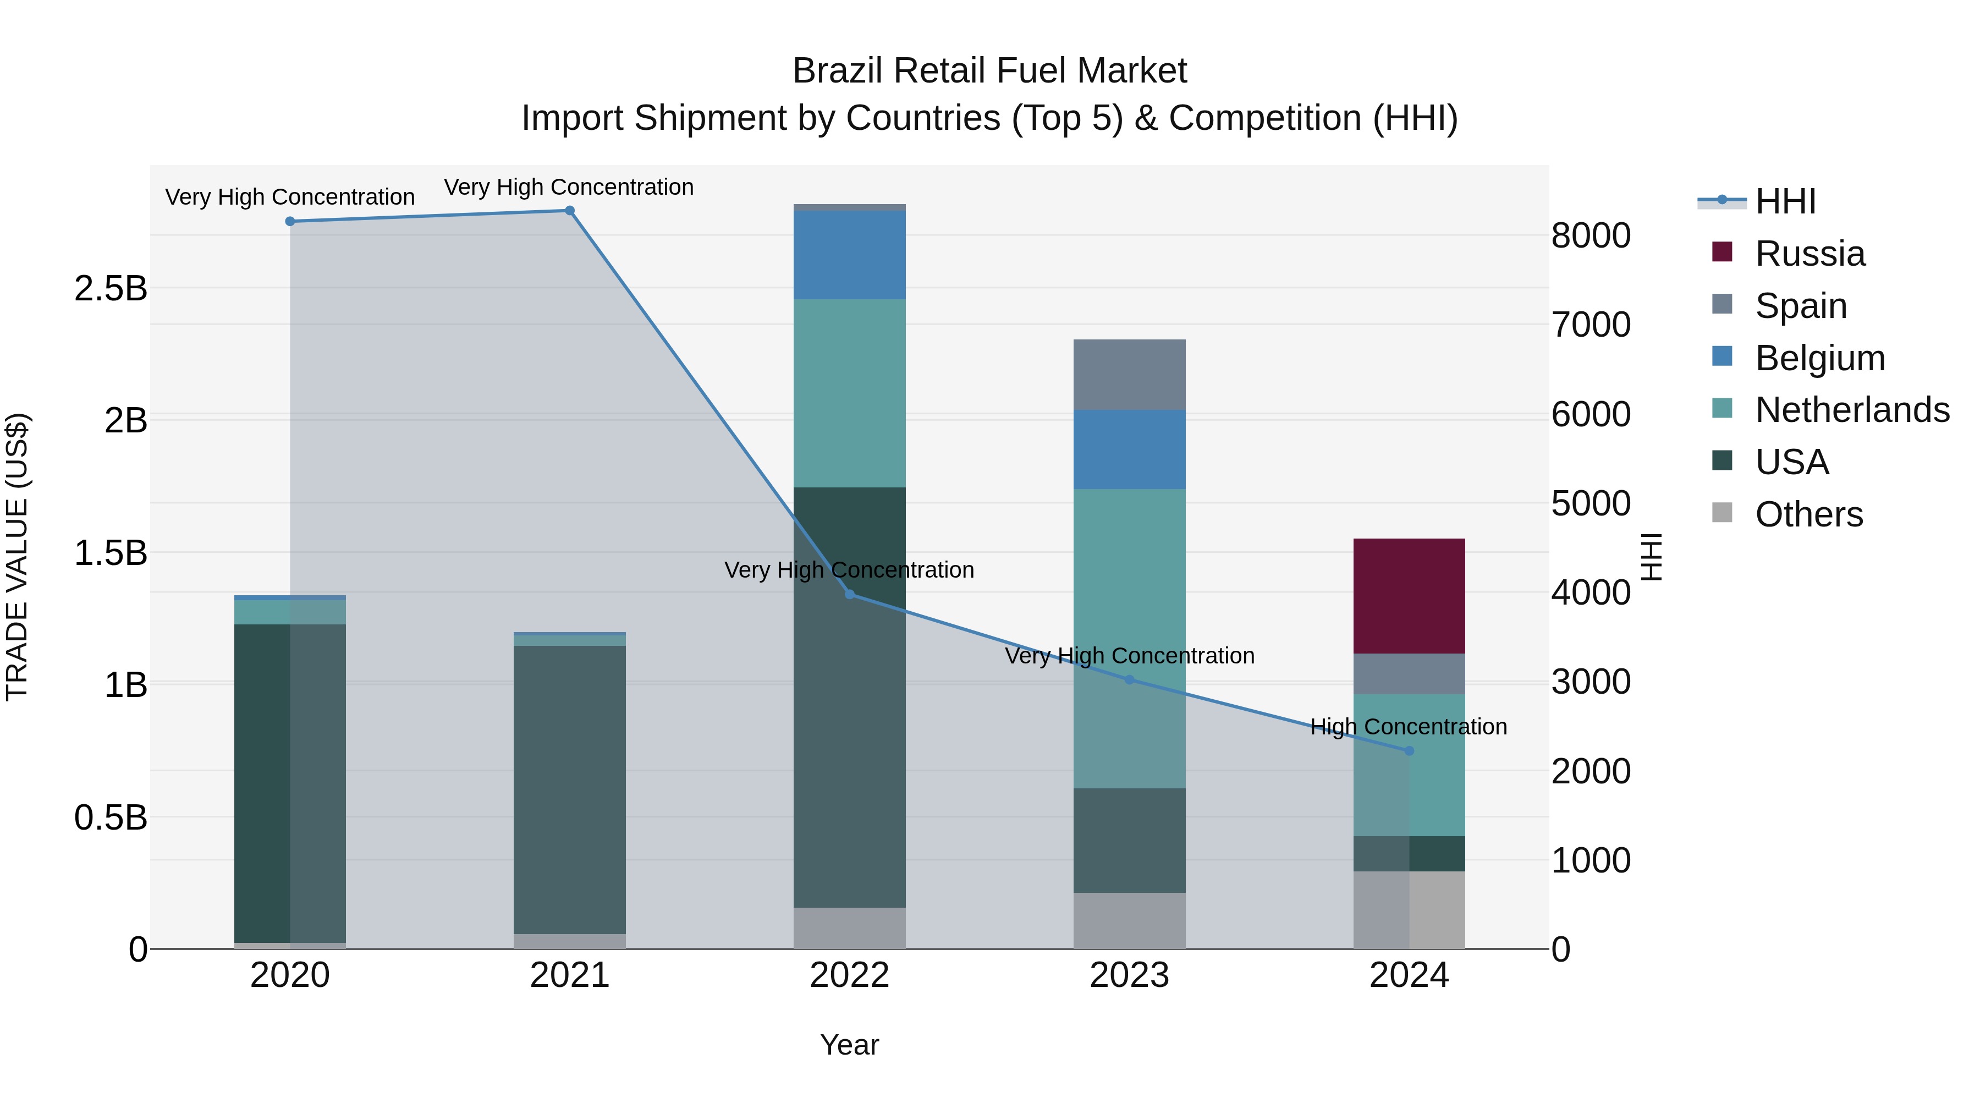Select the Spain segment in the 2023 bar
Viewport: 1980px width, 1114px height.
[1129, 375]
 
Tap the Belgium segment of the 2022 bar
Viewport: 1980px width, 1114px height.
[849, 255]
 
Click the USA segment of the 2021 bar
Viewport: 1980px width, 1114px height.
[570, 789]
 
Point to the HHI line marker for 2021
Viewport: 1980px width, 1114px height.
[570, 211]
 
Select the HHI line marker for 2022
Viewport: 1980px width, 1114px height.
[849, 594]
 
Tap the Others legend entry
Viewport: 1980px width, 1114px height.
[1808, 514]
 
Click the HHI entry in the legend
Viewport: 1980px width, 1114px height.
[1785, 201]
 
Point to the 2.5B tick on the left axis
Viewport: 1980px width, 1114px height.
[111, 289]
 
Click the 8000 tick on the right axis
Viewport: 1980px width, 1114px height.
[1590, 235]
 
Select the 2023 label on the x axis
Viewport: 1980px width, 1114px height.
[1129, 975]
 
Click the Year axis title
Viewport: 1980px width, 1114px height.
[849, 1045]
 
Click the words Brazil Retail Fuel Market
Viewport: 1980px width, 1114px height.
[989, 71]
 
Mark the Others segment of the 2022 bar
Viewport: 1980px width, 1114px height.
[849, 928]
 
